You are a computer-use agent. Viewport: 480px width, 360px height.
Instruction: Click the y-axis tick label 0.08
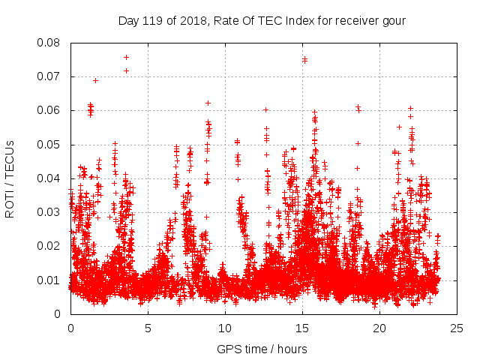click(x=52, y=43)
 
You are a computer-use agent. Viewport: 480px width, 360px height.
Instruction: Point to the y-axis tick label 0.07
click(x=52, y=76)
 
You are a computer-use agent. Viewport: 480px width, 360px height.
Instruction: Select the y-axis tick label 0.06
click(x=52, y=110)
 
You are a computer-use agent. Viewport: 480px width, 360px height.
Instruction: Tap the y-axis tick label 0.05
click(x=52, y=144)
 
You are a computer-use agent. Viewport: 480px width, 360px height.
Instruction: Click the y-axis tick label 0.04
click(x=52, y=178)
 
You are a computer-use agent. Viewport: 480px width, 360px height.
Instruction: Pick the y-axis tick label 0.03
click(x=52, y=212)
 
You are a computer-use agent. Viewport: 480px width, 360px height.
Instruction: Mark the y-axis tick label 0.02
click(x=52, y=246)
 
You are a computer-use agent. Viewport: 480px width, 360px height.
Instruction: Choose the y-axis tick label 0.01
click(x=52, y=280)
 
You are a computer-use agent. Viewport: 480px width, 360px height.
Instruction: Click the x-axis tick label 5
click(x=148, y=328)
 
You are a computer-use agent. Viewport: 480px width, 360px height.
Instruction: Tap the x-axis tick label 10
click(x=225, y=328)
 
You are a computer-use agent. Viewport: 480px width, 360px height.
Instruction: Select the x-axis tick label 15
click(x=302, y=328)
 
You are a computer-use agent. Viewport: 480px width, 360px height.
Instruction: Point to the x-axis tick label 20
click(x=379, y=328)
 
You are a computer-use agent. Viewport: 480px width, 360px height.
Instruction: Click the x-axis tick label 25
click(x=457, y=328)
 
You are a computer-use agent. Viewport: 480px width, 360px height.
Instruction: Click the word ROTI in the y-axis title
click(x=10, y=202)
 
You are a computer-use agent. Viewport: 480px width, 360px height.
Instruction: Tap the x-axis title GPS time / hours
click(x=263, y=349)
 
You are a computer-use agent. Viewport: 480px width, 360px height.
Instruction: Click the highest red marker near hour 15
click(x=304, y=59)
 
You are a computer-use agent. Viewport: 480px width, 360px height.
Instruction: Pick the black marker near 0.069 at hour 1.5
click(x=95, y=80)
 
